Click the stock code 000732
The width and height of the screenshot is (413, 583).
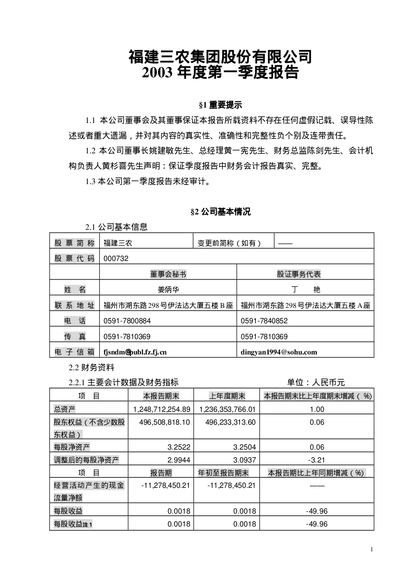(x=116, y=258)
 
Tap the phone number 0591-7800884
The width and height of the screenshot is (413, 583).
(x=127, y=321)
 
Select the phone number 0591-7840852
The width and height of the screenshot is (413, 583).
(x=264, y=321)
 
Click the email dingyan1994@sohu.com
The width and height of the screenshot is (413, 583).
(x=279, y=352)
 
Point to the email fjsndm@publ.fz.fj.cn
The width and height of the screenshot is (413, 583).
(x=135, y=352)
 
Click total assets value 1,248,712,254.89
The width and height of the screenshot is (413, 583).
(x=162, y=409)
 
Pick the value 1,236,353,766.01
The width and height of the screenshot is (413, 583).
(x=228, y=409)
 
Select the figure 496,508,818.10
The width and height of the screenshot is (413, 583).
(x=165, y=422)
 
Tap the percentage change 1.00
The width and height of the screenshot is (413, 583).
(x=317, y=409)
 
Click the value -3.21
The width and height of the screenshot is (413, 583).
(x=317, y=460)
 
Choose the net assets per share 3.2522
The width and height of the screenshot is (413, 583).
(x=179, y=447)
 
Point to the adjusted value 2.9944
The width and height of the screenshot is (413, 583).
(x=179, y=460)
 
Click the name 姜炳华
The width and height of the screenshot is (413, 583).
(x=168, y=290)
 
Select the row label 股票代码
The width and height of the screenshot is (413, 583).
(x=74, y=258)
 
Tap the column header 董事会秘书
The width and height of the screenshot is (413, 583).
(x=168, y=274)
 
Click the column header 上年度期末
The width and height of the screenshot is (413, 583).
(x=227, y=396)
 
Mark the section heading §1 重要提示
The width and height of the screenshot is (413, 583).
(x=220, y=105)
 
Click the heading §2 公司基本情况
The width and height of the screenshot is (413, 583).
(x=220, y=212)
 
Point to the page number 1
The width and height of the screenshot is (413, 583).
(x=371, y=549)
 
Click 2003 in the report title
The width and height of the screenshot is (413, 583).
(x=157, y=72)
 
